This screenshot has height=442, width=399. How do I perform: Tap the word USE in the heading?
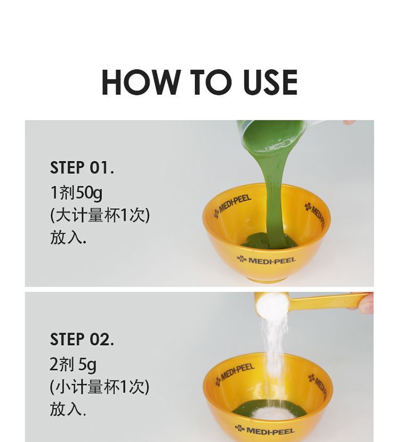pyautogui.click(x=270, y=82)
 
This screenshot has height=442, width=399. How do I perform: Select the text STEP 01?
pyautogui.click(x=82, y=167)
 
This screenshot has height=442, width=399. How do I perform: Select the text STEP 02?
pyautogui.click(x=82, y=339)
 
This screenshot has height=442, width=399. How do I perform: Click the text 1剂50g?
pyautogui.click(x=76, y=193)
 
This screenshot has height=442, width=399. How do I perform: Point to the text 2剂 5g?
pyautogui.click(x=73, y=365)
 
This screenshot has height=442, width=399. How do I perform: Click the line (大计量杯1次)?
pyautogui.click(x=100, y=215)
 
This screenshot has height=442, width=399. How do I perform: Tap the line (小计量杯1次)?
pyautogui.click(x=99, y=387)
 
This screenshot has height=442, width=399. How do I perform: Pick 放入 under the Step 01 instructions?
pyautogui.click(x=68, y=238)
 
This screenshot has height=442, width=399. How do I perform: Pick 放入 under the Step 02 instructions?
pyautogui.click(x=68, y=409)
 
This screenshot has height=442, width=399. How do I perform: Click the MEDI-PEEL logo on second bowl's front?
pyautogui.click(x=265, y=430)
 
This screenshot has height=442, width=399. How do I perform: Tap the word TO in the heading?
pyautogui.click(x=212, y=82)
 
